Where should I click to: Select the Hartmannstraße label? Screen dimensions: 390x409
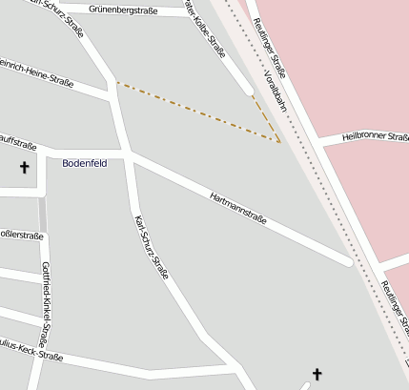click(237, 209)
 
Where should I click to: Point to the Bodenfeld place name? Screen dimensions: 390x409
click(85, 163)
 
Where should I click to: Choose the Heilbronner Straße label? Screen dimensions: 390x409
click(375, 137)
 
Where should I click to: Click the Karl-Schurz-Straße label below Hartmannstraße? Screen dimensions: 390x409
click(153, 247)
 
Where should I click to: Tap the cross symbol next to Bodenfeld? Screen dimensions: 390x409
click(24, 168)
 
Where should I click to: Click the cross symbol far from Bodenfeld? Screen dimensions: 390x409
click(317, 375)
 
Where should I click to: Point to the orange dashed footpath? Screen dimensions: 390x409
click(191, 113)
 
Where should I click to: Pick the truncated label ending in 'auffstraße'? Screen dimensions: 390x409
click(17, 146)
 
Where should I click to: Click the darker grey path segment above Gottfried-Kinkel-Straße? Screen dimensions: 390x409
click(42, 214)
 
